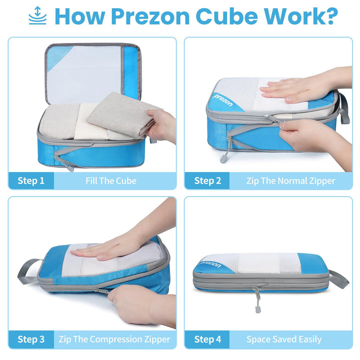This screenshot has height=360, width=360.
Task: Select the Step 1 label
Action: (x=31, y=180)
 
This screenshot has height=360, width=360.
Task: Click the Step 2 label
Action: (x=207, y=180)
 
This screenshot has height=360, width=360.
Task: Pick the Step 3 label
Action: (x=31, y=339)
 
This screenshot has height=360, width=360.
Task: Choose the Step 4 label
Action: (x=207, y=339)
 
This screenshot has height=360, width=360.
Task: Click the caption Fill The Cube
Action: (x=111, y=180)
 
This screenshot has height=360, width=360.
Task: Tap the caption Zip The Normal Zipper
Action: (x=290, y=180)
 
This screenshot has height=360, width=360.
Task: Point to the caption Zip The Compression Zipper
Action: (x=114, y=339)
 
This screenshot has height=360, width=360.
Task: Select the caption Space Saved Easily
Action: (x=284, y=339)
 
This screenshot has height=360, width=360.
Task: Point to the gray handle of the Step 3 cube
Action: (x=27, y=270)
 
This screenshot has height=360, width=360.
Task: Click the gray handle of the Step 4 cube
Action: (x=338, y=278)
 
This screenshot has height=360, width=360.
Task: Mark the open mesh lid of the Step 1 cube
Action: (x=90, y=72)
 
